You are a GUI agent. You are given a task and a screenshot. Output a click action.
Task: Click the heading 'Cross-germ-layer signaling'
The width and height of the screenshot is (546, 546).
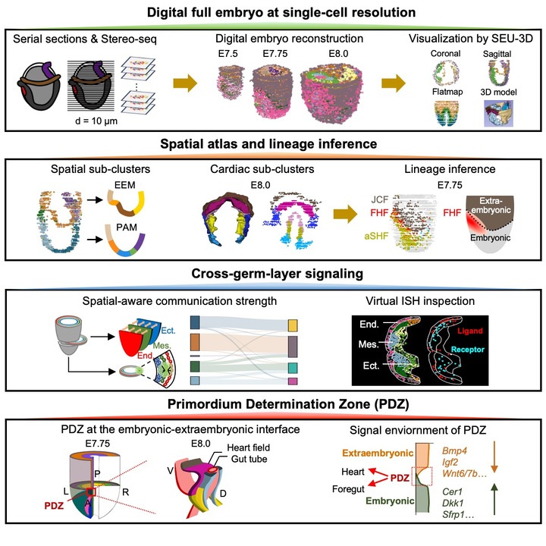pyautogui.click(x=272, y=259)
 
